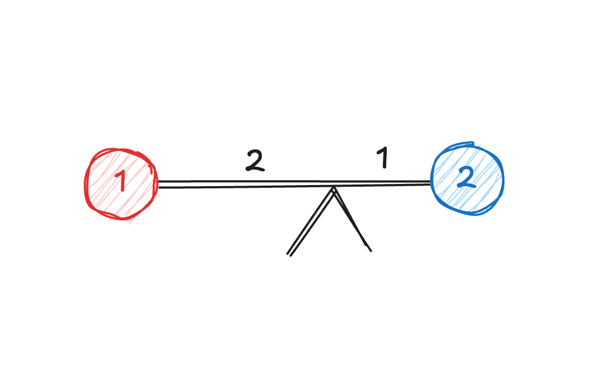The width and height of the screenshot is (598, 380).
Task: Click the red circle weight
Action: coord(122,184)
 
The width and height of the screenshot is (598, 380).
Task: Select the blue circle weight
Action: coord(468,179)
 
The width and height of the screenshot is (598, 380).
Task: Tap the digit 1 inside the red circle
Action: coord(122,181)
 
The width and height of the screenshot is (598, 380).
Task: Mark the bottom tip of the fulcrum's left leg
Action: coord(289,255)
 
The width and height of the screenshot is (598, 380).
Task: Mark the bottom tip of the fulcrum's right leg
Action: coord(370,251)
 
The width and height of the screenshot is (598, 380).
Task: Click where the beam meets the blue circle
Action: coord(431,183)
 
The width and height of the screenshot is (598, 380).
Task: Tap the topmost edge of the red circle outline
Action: coord(121,149)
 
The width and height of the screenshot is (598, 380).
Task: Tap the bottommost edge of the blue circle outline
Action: coord(468,214)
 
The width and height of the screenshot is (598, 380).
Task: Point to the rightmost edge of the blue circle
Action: coord(503,179)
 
